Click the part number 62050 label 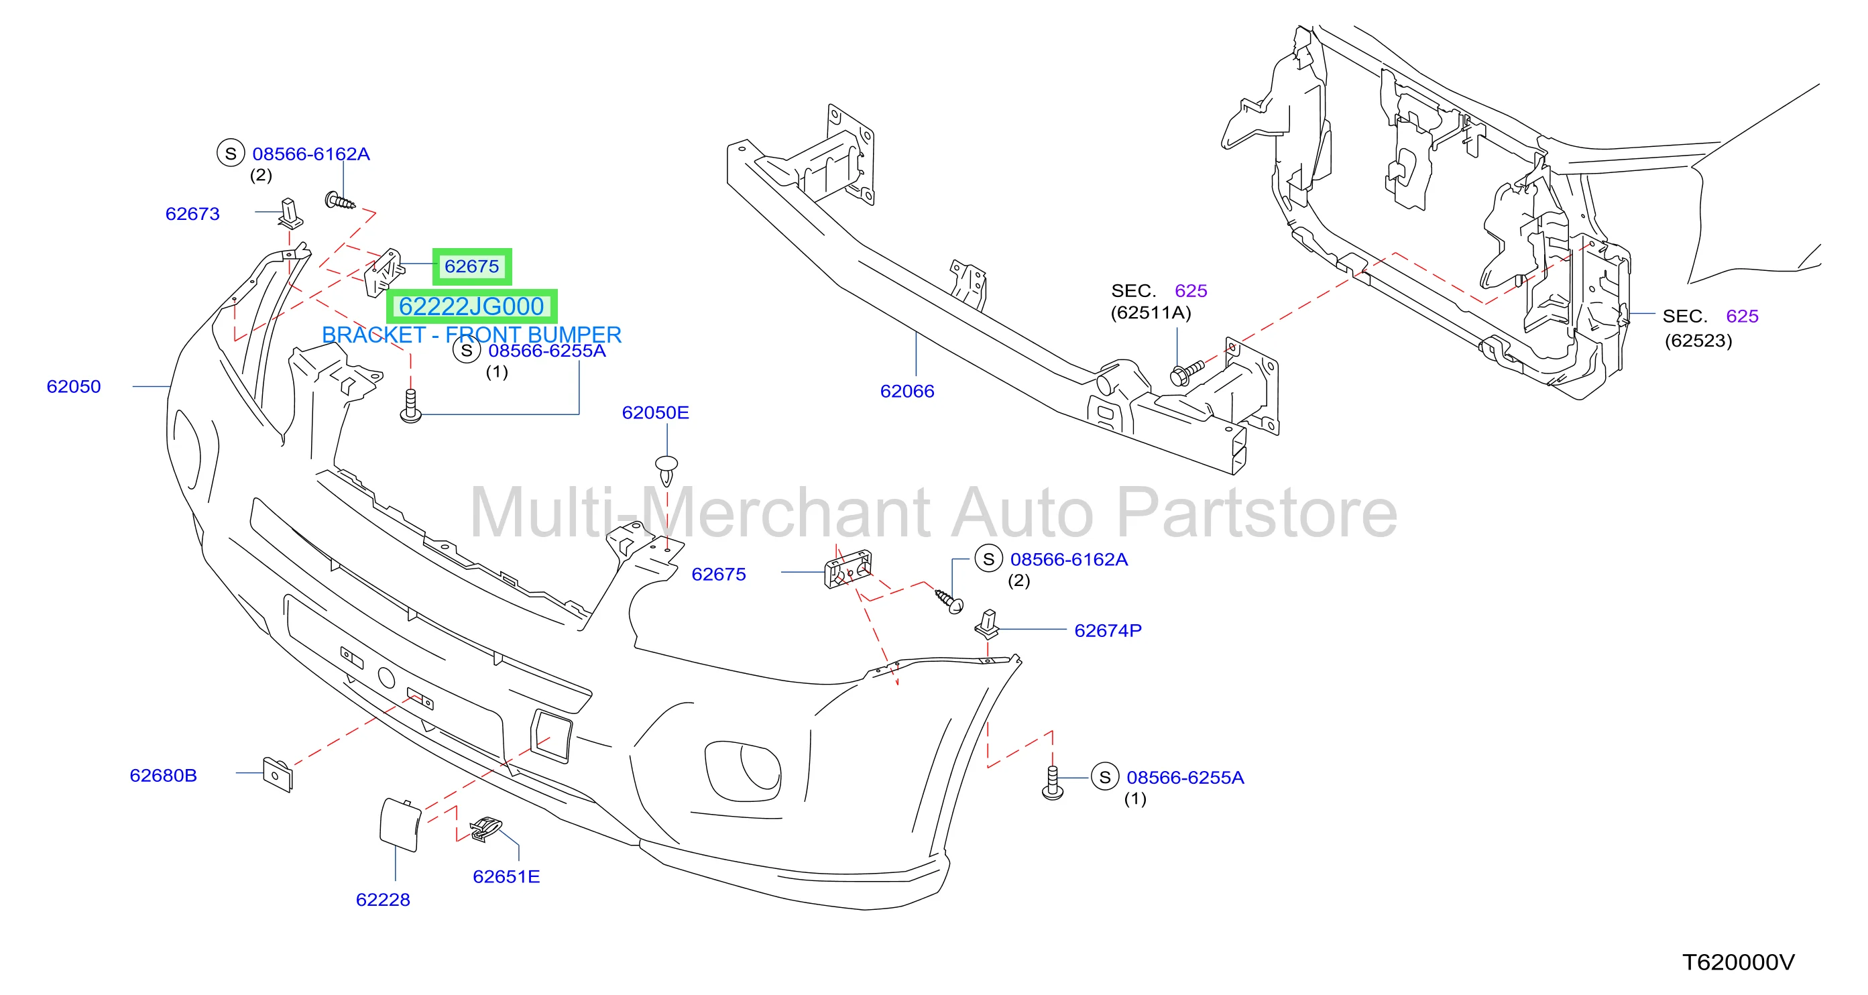tap(74, 387)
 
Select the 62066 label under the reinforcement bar tap(907, 392)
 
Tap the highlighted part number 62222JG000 tap(471, 307)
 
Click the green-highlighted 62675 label tap(472, 266)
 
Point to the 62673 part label tap(192, 214)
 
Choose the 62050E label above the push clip tap(656, 412)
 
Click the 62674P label tap(1108, 631)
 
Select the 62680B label tap(163, 776)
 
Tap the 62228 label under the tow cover tap(383, 900)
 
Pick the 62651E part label tap(506, 877)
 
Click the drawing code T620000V tap(1738, 962)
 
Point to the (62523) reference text tap(1698, 341)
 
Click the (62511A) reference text tap(1151, 312)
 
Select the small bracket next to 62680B tap(277, 774)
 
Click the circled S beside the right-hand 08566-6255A tap(1104, 778)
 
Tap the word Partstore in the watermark tap(1256, 513)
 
